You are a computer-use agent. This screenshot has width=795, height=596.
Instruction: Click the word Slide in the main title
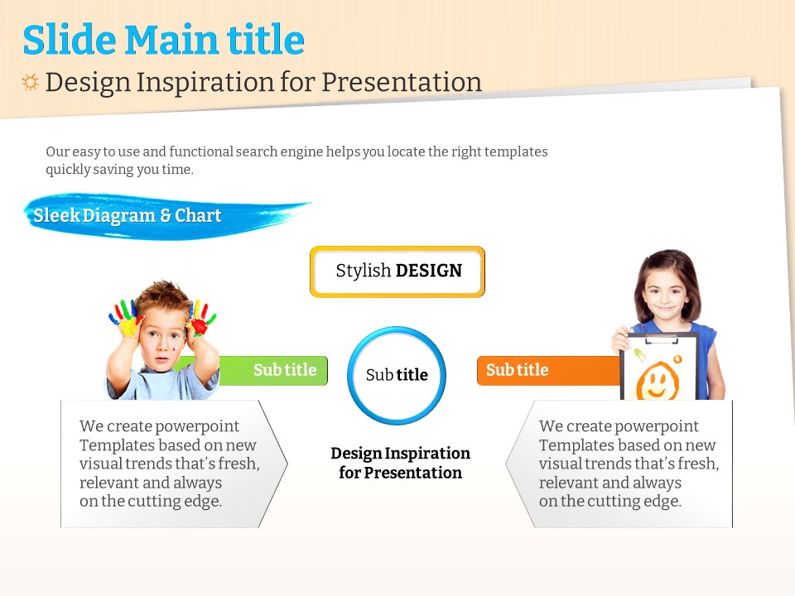coord(70,40)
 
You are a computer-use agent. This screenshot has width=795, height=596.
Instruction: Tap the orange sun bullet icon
coord(30,82)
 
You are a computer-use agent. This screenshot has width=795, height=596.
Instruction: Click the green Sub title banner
coord(274,371)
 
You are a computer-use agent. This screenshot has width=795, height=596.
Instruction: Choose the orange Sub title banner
coord(548,371)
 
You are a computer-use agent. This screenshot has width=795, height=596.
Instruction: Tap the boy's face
coord(161,339)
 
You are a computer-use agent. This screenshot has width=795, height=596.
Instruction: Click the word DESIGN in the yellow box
coord(428,271)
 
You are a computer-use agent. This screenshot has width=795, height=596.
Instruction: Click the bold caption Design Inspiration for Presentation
coord(401,462)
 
